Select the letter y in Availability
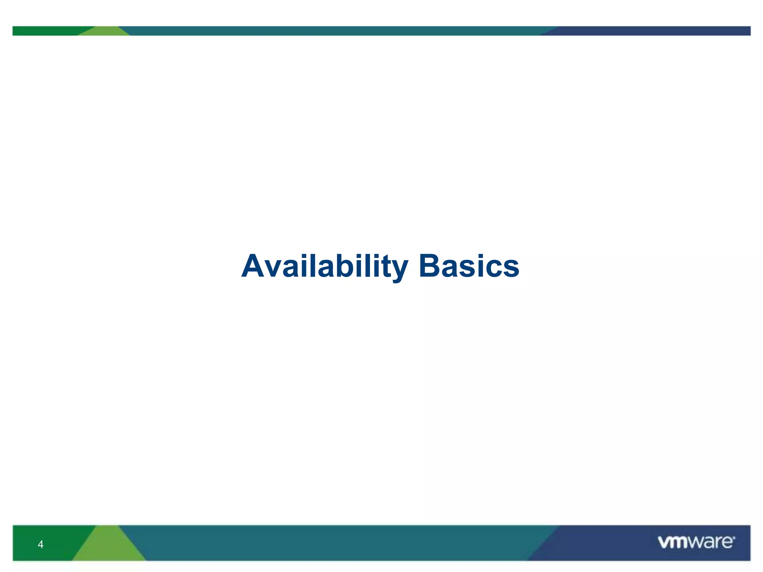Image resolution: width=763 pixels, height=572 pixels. (399, 270)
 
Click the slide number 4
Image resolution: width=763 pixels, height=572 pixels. (41, 544)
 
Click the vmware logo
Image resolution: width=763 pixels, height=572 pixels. (696, 542)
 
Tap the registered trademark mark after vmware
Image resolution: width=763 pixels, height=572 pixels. (734, 537)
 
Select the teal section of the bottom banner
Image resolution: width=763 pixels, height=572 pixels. (335, 543)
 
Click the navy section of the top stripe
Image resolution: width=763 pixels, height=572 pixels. (652, 31)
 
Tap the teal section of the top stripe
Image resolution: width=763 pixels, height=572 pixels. (335, 31)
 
